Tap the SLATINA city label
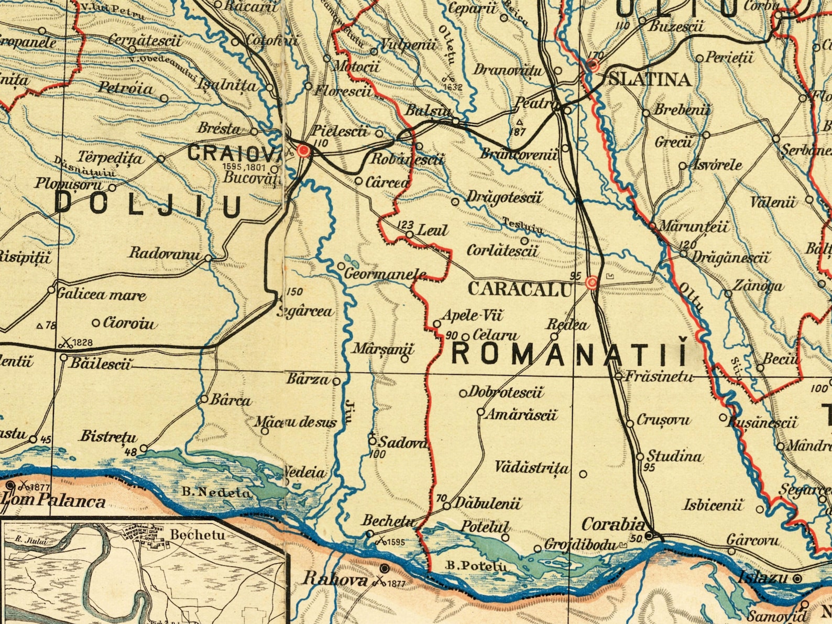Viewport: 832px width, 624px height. click(x=650, y=79)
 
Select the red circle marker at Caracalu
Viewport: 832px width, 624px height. click(x=591, y=283)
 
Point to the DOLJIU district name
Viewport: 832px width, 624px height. click(x=149, y=205)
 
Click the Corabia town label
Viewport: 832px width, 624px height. click(x=614, y=524)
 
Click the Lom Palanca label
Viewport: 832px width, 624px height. click(x=53, y=501)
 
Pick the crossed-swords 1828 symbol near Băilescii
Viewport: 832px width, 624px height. click(x=65, y=343)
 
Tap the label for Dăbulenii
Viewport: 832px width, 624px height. click(x=487, y=504)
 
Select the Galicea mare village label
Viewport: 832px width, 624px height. click(x=101, y=294)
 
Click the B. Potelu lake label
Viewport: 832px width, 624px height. click(x=476, y=566)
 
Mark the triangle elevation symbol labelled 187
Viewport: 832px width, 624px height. click(x=519, y=122)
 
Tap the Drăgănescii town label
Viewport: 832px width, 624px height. click(x=731, y=257)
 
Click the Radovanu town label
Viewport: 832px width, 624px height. click(x=165, y=254)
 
